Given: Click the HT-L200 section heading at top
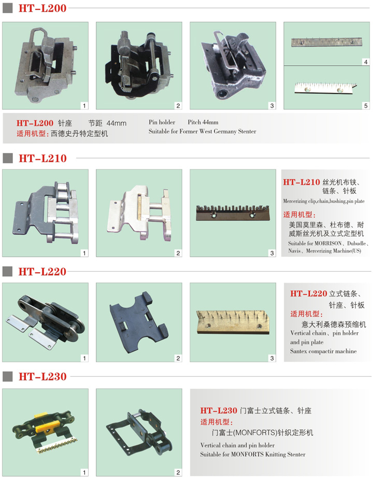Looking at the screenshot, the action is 42,8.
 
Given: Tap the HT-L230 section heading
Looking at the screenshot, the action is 42,376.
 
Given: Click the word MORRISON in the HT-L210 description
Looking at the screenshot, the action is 328,243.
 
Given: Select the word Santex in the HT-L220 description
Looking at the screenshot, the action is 298,351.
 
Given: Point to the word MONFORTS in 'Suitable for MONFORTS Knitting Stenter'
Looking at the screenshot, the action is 246,455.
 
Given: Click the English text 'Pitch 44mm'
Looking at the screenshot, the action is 203,122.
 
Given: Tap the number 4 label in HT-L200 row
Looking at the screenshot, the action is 366,62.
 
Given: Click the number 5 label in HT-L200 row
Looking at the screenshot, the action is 366,106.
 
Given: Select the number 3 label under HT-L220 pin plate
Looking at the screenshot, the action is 272,358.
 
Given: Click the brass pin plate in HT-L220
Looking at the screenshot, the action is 233,322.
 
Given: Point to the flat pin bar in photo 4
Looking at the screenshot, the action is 327,42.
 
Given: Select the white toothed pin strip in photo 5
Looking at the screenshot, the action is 325,88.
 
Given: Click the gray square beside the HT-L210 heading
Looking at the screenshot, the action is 8,158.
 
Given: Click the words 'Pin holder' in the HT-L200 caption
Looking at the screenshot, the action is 162,122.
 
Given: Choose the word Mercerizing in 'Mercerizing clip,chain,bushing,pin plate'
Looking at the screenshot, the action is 295,201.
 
